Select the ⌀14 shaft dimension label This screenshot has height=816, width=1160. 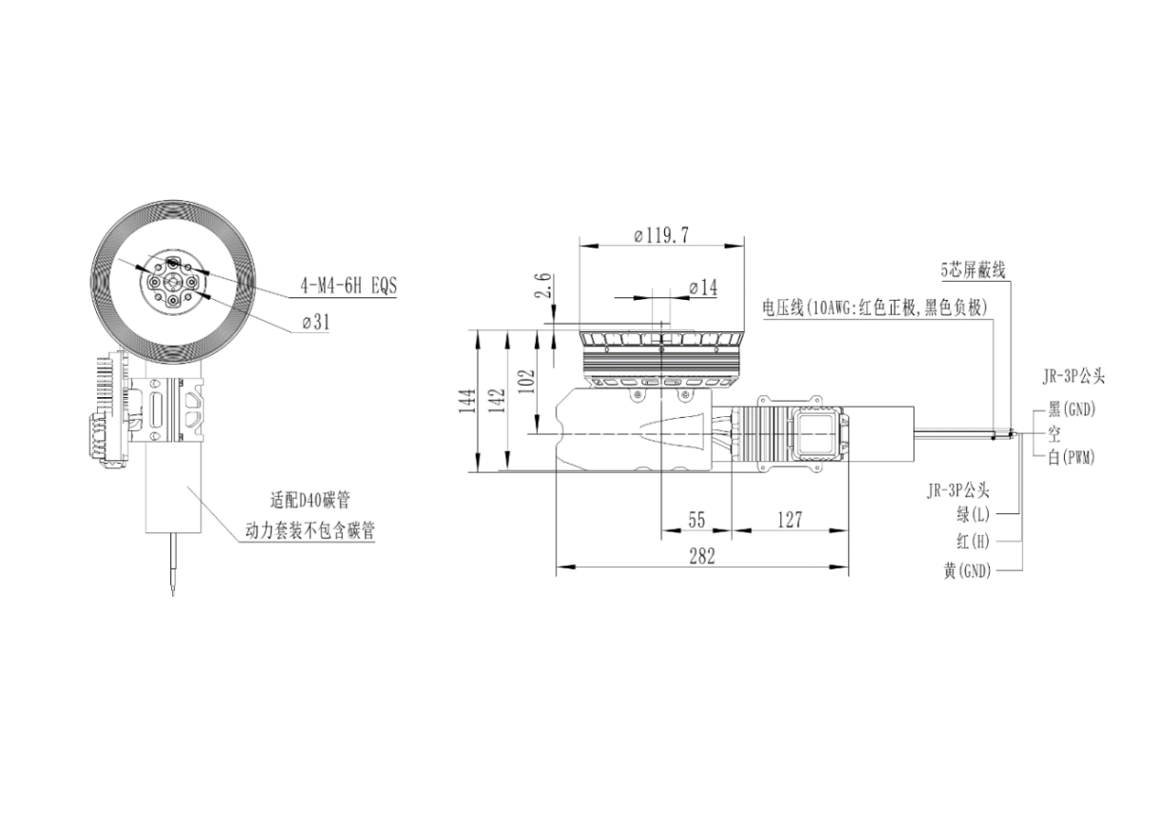pyautogui.click(x=702, y=287)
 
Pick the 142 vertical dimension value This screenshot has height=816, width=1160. pyautogui.click(x=494, y=400)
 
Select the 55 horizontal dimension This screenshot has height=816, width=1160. pyautogui.click(x=697, y=520)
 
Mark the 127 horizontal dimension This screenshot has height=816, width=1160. pyautogui.click(x=790, y=520)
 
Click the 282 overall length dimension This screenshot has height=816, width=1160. pyautogui.click(x=701, y=557)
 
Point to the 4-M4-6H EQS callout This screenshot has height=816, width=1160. pyautogui.click(x=348, y=286)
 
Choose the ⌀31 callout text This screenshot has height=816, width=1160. pyautogui.click(x=315, y=322)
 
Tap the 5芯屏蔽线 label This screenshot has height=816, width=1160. pyautogui.click(x=973, y=270)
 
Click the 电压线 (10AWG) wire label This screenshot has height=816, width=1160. pyautogui.click(x=875, y=308)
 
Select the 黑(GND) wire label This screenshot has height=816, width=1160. pyautogui.click(x=1072, y=410)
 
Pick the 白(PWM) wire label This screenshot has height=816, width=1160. pyautogui.click(x=1072, y=458)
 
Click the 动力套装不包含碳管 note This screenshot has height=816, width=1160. pyautogui.click(x=308, y=531)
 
